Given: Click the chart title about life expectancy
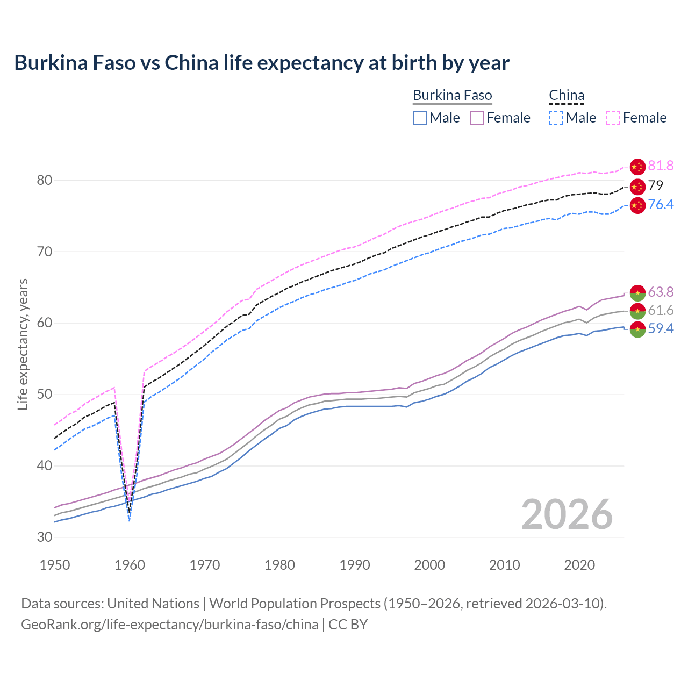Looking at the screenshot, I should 261,63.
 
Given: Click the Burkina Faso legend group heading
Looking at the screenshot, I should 452,96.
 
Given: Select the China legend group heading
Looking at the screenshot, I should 566,96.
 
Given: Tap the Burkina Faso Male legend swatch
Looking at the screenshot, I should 420,118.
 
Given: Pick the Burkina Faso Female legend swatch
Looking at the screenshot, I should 477,118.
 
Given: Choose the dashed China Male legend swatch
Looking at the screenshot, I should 556,118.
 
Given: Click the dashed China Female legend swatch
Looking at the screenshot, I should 613,118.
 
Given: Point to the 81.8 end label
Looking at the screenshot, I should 661,166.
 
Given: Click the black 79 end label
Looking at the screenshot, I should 656,186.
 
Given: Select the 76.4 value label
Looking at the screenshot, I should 661,205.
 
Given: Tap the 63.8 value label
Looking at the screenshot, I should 661,292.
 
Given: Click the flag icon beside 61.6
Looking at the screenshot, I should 637,311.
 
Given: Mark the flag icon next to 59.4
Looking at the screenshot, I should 637,329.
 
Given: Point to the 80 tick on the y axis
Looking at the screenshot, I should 44,180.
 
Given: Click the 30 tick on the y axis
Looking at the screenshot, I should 44,537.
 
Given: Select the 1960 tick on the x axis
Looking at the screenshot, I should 130,565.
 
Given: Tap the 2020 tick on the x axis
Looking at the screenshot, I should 579,565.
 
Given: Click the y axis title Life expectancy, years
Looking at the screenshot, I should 23,344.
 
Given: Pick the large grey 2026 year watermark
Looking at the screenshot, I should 567,515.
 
